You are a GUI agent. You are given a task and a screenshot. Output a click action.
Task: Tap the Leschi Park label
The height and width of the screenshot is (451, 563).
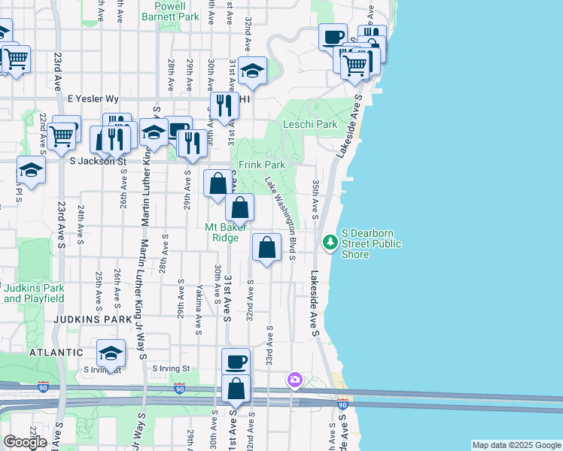(x=309, y=124)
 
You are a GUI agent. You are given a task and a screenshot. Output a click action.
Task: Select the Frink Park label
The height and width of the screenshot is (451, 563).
(x=262, y=164)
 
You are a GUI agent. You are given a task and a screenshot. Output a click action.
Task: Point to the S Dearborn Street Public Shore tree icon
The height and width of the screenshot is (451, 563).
(x=330, y=242)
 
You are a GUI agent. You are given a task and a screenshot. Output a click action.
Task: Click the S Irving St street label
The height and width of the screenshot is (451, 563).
(x=172, y=369)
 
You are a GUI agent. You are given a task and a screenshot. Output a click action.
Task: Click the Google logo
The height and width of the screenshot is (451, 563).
(x=25, y=442)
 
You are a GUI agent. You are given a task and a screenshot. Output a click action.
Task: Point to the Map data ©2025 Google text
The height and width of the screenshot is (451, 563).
(x=516, y=445)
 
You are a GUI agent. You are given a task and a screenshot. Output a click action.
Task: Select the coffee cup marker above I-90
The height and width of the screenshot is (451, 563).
(x=236, y=362)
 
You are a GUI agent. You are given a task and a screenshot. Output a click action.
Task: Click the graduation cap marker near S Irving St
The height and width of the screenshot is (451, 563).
(x=111, y=354)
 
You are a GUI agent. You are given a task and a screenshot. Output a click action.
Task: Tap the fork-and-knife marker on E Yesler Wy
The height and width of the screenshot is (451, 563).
(x=224, y=106)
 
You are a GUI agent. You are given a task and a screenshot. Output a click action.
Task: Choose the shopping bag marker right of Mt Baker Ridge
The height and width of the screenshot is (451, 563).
(x=267, y=247)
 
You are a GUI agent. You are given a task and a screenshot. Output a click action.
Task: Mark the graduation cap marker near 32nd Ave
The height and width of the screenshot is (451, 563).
(x=253, y=71)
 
